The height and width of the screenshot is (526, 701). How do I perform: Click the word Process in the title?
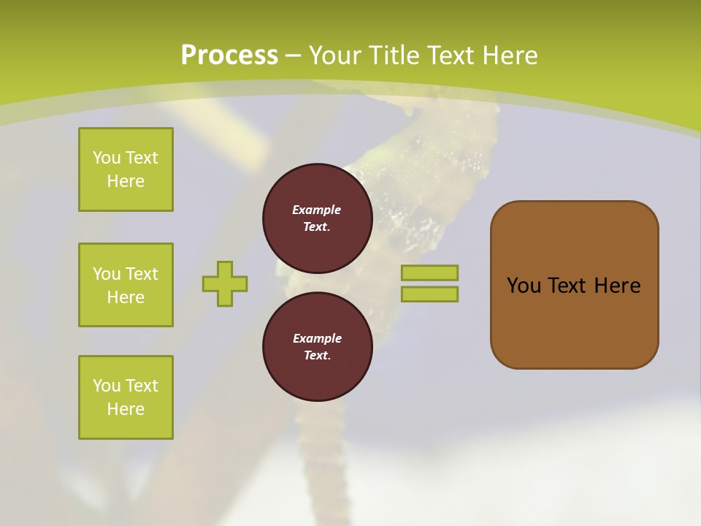coord(229,56)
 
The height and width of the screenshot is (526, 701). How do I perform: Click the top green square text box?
coord(126,169)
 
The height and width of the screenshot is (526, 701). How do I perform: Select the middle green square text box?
coord(126,285)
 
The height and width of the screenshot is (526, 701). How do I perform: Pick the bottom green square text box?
coord(126,397)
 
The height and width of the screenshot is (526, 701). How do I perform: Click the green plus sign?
coord(225,283)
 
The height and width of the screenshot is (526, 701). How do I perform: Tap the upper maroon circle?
coord(317,218)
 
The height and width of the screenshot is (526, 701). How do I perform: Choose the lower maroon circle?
coord(317,346)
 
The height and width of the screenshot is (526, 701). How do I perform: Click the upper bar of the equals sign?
coord(429,272)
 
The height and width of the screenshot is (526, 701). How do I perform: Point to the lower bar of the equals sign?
coord(429,294)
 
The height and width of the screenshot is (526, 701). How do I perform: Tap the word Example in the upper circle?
coord(317,210)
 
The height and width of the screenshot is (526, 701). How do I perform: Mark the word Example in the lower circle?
coord(317,338)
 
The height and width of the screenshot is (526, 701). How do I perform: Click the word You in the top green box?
coord(107,158)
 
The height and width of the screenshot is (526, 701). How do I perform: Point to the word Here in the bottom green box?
coord(126,409)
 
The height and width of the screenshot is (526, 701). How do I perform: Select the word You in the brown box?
coord(524,286)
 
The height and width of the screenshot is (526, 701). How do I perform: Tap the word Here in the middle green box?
coord(126,297)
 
